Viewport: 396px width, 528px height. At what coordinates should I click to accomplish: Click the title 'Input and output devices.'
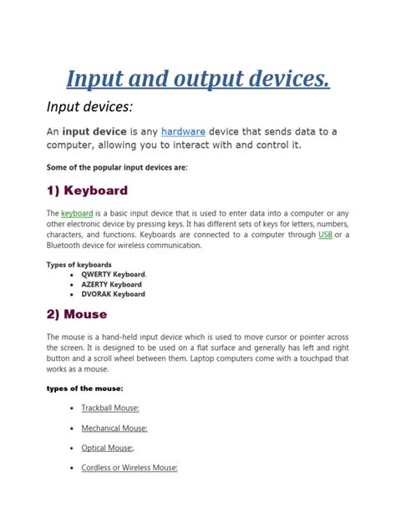point(198,79)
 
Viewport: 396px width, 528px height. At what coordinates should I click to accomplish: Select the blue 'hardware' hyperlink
point(183,131)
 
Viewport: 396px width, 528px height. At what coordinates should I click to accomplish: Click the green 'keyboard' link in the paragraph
point(77,214)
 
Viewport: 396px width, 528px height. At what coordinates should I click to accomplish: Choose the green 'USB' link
point(326,236)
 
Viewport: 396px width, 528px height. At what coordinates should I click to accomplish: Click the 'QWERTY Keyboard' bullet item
point(113,274)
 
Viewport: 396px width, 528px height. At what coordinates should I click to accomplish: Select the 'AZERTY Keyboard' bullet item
point(111,284)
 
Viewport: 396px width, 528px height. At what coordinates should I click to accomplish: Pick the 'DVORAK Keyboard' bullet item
point(113,294)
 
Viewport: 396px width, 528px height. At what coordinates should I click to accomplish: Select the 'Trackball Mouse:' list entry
point(110,408)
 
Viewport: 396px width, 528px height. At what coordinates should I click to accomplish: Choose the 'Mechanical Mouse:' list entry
point(114,428)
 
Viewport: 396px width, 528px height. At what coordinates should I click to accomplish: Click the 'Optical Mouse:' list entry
point(107,448)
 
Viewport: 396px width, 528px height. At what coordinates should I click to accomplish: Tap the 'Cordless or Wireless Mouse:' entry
point(129,468)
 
